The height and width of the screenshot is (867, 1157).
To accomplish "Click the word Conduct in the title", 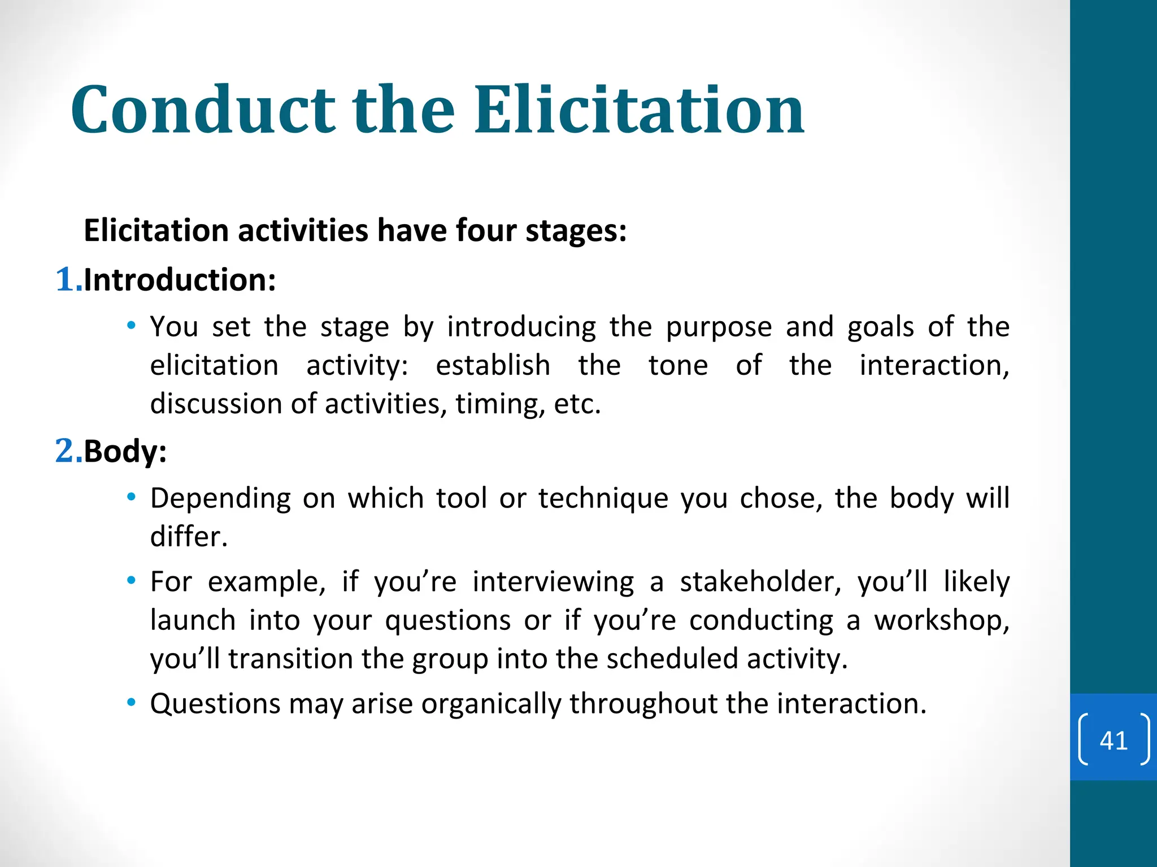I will [203, 110].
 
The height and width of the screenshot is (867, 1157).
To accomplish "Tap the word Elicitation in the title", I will [639, 110].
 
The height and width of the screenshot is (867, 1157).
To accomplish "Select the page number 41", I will [1113, 740].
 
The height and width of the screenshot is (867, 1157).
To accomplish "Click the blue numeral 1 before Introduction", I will [65, 279].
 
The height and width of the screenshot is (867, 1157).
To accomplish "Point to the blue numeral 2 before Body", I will [65, 451].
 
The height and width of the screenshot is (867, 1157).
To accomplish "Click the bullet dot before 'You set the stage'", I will [132, 326].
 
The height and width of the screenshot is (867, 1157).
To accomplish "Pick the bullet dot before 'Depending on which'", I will [132, 497].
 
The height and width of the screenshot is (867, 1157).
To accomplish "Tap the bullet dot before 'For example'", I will [132, 581].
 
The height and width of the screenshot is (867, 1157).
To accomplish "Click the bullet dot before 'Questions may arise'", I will [132, 703].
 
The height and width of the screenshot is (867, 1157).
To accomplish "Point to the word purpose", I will [719, 327].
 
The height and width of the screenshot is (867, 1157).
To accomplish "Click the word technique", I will [602, 499].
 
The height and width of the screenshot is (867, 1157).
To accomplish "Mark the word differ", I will [188, 537].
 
